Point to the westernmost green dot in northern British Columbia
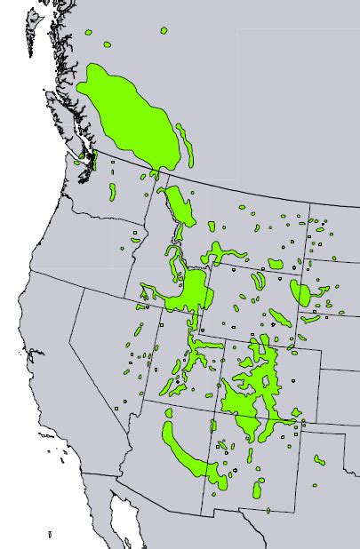coord(88,33)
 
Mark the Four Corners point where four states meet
coord(214,411)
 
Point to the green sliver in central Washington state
coord(113,191)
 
